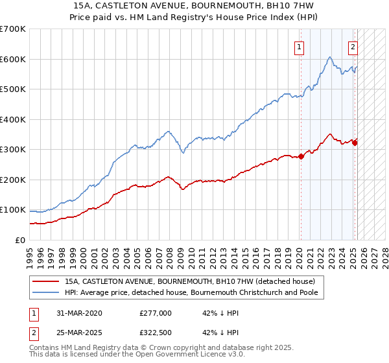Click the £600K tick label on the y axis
pyautogui.click(x=13, y=59)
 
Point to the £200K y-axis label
pyautogui.click(x=13, y=180)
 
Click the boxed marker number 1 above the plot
pyautogui.click(x=300, y=46)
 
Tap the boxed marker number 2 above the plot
pyautogui.click(x=353, y=46)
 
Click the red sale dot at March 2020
pyautogui.click(x=301, y=156)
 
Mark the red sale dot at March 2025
pyautogui.click(x=355, y=143)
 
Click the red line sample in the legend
pyautogui.click(x=46, y=281)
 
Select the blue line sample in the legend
pyautogui.click(x=46, y=292)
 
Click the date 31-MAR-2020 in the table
pyautogui.click(x=75, y=313)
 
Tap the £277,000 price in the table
pyautogui.click(x=156, y=313)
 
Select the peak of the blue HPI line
pyautogui.click(x=330, y=57)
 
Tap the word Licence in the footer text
pyautogui.click(x=195, y=356)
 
